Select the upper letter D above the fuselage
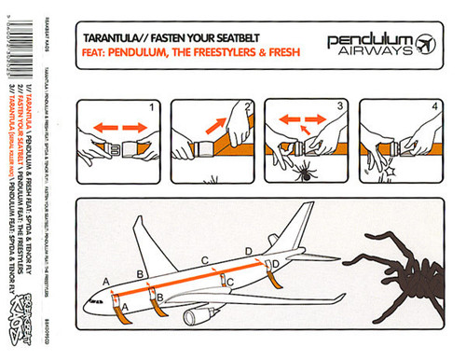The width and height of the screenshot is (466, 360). [248, 251]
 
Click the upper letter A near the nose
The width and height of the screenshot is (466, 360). [105, 280]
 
